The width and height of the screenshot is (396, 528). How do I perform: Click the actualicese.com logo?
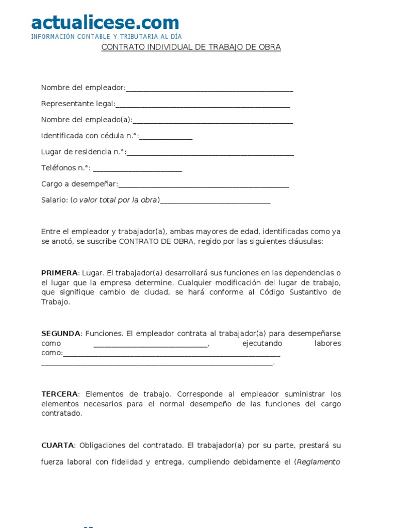[x=105, y=22]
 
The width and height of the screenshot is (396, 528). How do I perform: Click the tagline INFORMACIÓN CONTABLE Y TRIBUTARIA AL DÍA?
[x=106, y=37]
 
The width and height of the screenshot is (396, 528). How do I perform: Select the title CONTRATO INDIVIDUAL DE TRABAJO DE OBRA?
[x=191, y=47]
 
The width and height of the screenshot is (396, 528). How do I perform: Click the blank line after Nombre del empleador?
[x=209, y=88]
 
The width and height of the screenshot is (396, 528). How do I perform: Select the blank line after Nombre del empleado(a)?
[x=212, y=120]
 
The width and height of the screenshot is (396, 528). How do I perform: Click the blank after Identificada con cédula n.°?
[x=166, y=136]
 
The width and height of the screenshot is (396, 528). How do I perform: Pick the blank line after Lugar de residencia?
[x=210, y=152]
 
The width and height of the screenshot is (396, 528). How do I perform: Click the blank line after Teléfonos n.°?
[x=138, y=168]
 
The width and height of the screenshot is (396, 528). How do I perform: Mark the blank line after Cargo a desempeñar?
[x=204, y=184]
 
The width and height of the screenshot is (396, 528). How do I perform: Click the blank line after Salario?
[x=215, y=200]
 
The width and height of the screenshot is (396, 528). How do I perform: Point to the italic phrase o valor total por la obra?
[x=114, y=200]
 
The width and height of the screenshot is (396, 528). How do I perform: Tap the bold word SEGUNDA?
[x=61, y=334]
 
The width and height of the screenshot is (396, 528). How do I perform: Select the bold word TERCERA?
[x=59, y=394]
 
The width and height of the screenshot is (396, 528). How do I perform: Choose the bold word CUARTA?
[x=58, y=445]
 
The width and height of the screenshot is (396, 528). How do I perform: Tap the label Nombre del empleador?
[x=82, y=88]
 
